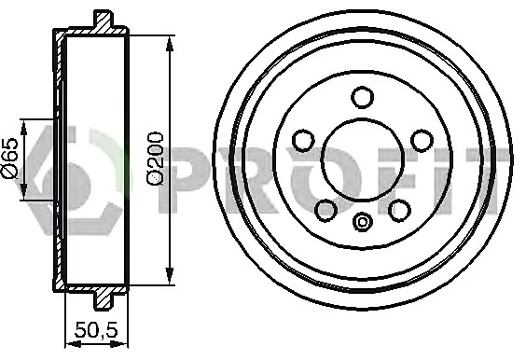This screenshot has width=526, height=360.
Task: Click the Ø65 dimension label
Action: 9,157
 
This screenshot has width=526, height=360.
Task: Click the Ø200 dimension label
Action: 155,158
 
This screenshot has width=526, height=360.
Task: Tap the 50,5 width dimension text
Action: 96,330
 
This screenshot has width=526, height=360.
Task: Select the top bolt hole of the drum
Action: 362,97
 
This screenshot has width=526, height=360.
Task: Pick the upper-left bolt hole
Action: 303,141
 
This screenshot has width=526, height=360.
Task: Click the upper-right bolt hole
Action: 422,141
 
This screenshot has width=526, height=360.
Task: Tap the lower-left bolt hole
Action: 326,211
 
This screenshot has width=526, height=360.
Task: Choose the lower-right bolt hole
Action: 399,211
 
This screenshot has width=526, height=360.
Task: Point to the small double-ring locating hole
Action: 363,222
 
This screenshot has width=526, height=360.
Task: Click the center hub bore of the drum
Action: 362,159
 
